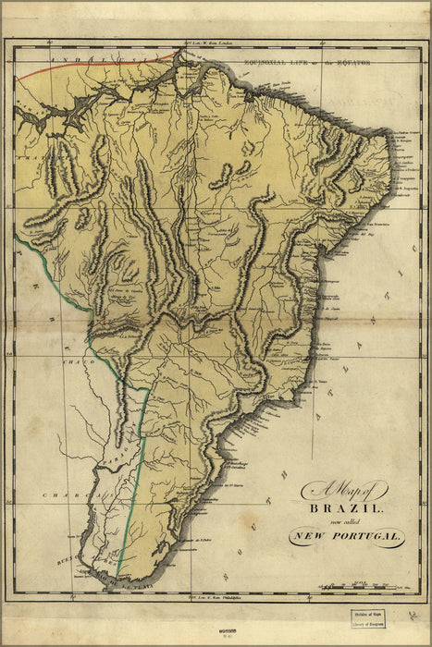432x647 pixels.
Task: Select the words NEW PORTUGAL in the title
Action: pos(345,537)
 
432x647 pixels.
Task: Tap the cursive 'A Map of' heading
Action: pos(344,491)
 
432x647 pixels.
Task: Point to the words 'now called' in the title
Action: pos(344,522)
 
